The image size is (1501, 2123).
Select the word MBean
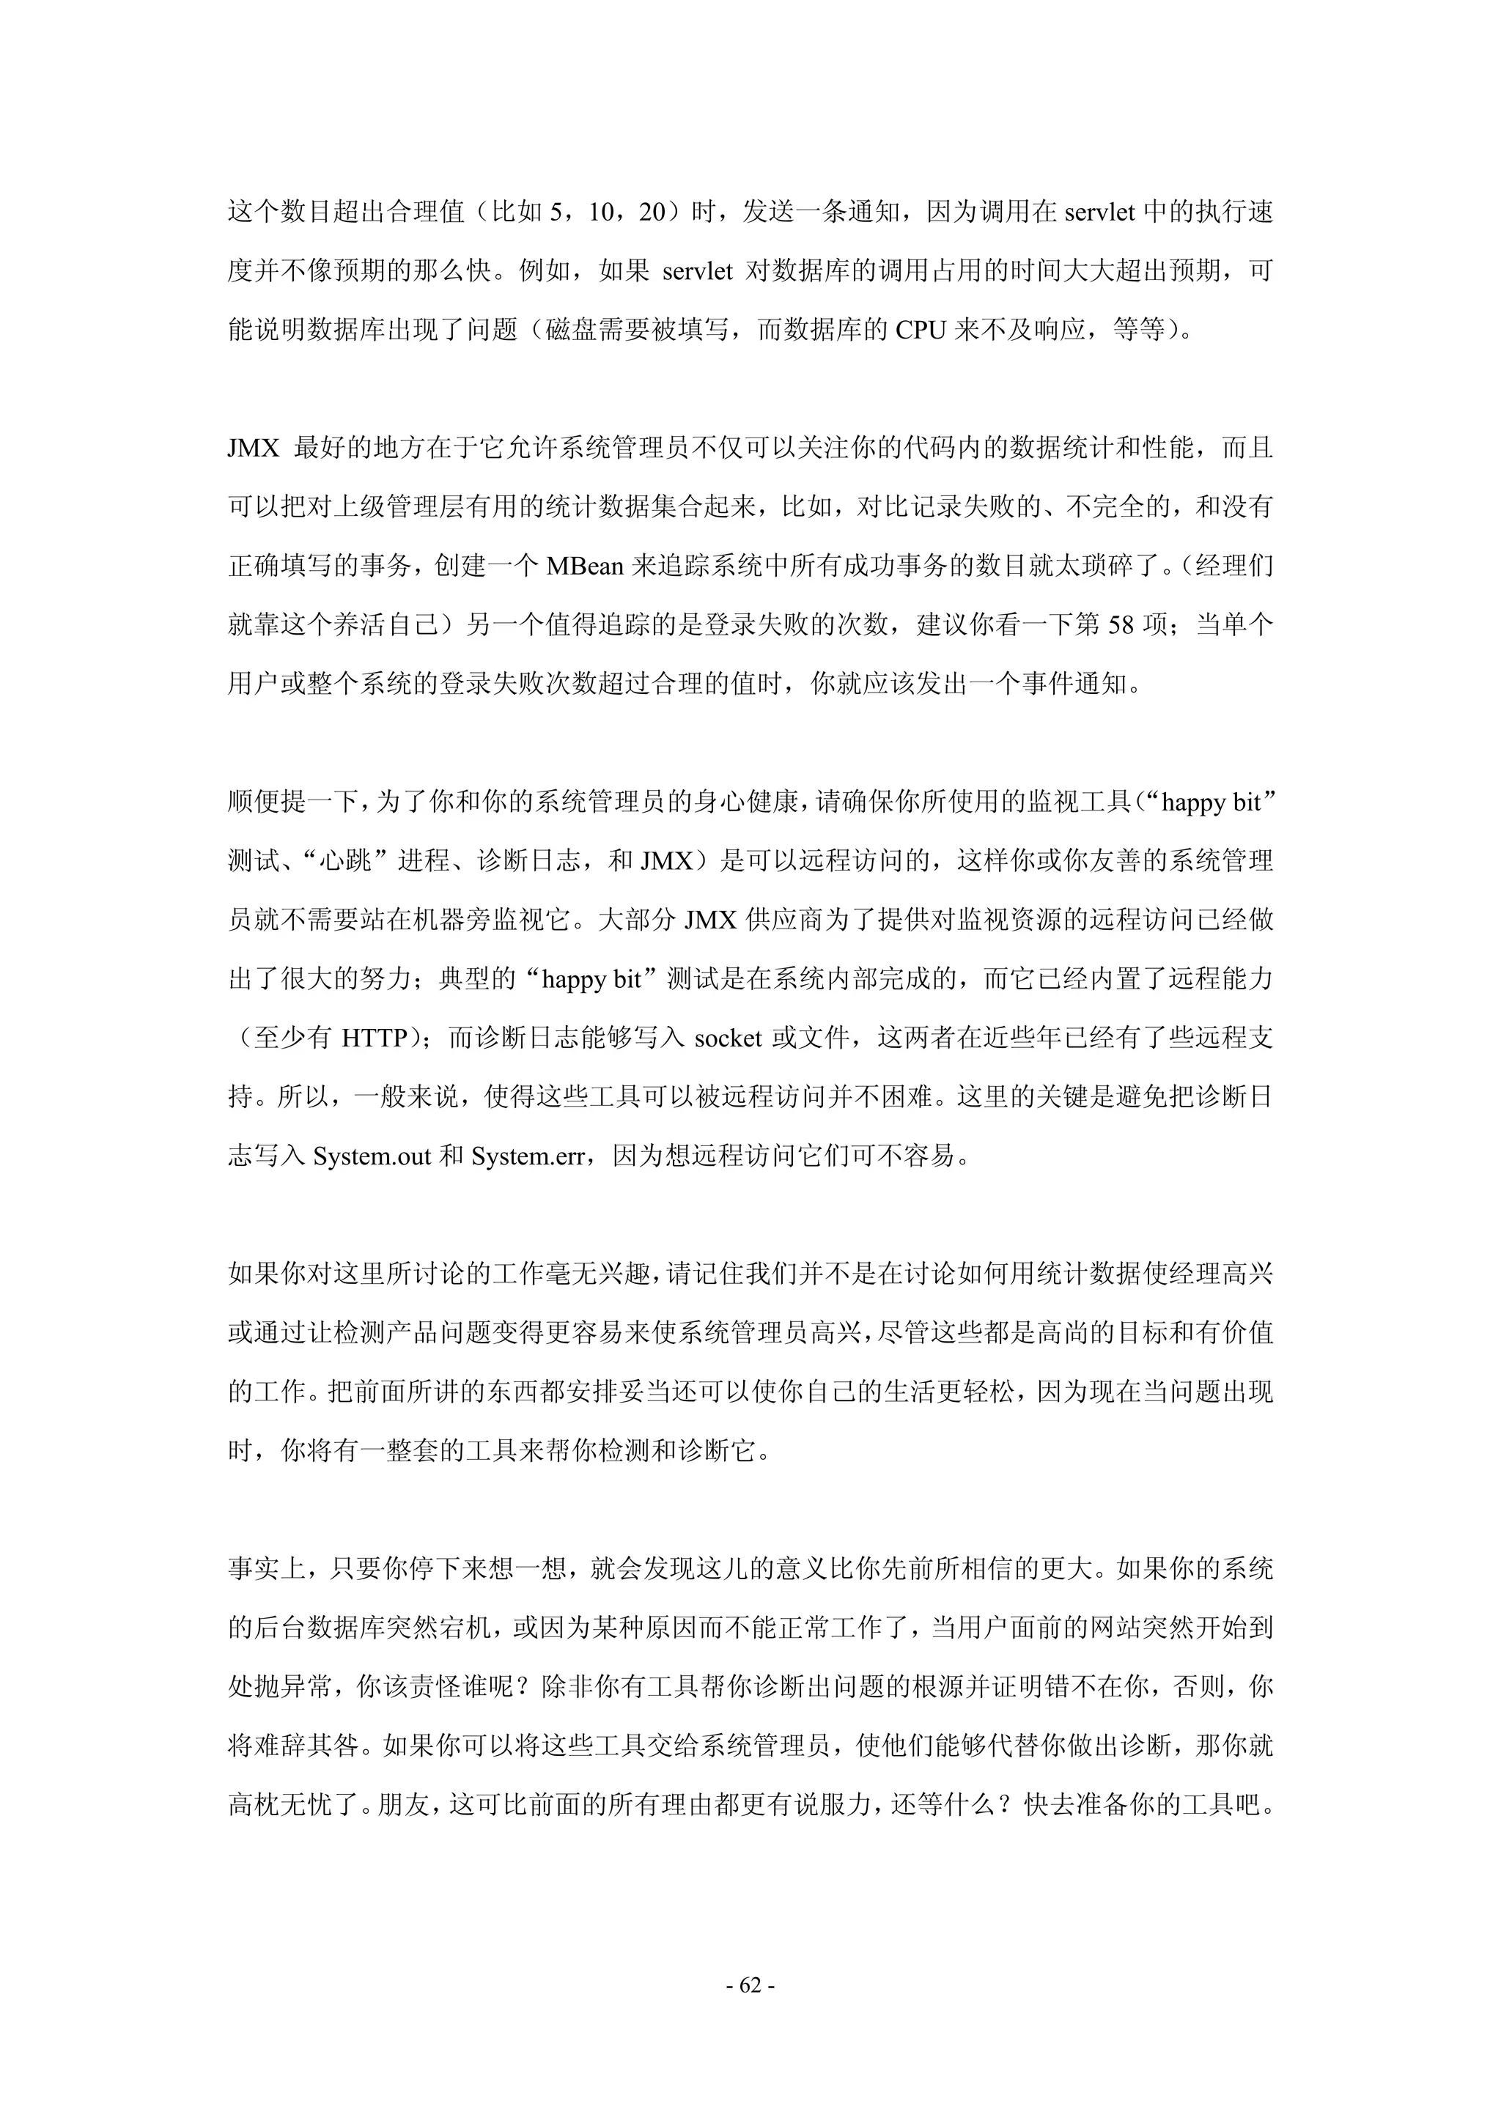click(x=584, y=565)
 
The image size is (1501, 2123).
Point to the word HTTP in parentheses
click(x=375, y=1038)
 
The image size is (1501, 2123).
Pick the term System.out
click(x=372, y=1156)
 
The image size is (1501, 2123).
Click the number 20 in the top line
click(x=652, y=212)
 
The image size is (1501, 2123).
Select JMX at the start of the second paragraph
click(x=254, y=448)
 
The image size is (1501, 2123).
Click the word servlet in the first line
click(x=1099, y=212)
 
